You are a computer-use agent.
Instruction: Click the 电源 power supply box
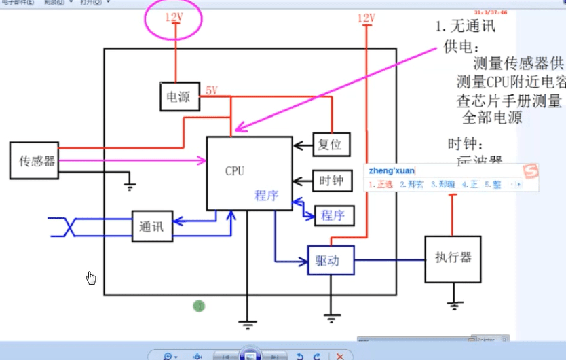[x=178, y=97]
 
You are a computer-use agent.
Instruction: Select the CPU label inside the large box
[x=235, y=171]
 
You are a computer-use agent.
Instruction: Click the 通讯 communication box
[x=152, y=226]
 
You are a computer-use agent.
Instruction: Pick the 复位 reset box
[x=331, y=144]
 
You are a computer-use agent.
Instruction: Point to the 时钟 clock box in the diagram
[x=331, y=181]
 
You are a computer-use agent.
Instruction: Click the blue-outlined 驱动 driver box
[x=331, y=260]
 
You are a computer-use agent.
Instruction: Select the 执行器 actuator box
[x=453, y=258]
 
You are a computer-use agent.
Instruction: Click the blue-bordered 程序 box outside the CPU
[x=333, y=215]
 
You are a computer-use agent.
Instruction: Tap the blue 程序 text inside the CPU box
[x=267, y=196]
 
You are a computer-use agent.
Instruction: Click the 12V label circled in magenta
[x=174, y=17]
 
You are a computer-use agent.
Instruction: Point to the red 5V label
[x=212, y=90]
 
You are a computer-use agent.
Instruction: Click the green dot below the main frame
[x=199, y=306]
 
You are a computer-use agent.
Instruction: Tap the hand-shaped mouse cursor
[x=91, y=278]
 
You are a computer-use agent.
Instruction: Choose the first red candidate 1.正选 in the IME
[x=381, y=184]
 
